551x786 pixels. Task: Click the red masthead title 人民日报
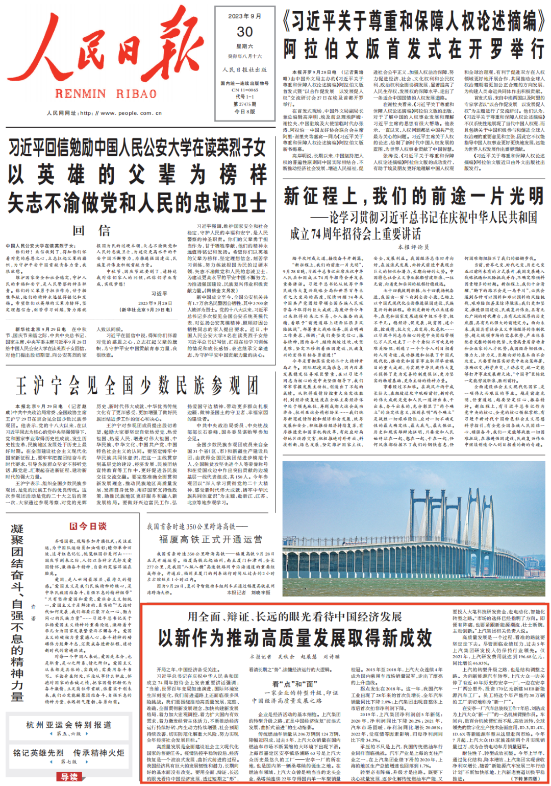[110, 51]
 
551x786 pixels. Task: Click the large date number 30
[245, 32]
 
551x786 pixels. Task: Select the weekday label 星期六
[245, 46]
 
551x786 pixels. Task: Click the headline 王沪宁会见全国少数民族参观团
[137, 386]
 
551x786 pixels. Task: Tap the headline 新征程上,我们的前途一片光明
[414, 196]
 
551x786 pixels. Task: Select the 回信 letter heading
[91, 231]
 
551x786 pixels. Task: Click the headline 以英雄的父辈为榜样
[137, 175]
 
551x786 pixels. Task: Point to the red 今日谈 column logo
[88, 526]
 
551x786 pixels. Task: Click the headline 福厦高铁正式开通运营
[211, 539]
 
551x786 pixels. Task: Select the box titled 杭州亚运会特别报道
[69, 725]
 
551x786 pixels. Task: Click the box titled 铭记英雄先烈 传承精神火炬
[69, 753]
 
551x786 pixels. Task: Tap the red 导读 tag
[69, 777]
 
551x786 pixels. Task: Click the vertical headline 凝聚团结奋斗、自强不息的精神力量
[17, 612]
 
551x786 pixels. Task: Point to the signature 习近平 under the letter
[159, 294]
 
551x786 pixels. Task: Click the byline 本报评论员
[413, 247]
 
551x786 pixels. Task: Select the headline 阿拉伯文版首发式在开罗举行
[414, 50]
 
